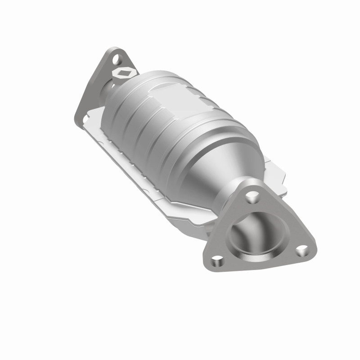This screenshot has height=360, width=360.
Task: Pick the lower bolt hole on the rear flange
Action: pyautogui.click(x=84, y=119)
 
